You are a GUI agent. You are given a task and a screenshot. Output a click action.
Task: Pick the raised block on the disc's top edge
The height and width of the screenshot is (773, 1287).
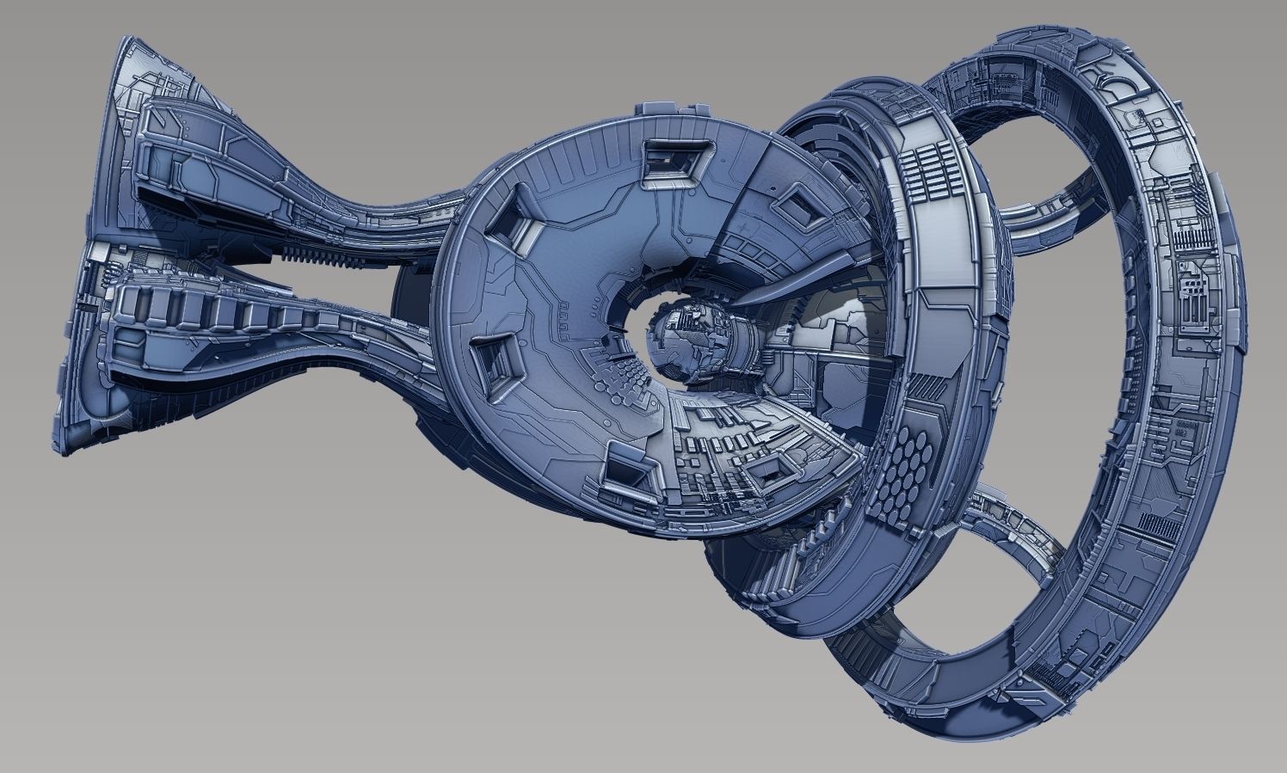coord(674,111)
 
